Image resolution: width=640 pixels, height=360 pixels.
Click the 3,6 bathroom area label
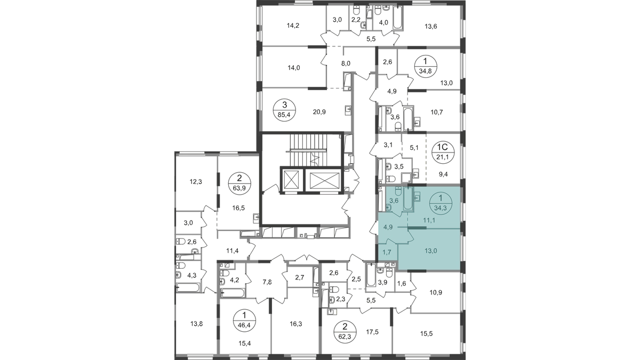395,201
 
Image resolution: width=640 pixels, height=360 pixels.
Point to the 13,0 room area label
426,247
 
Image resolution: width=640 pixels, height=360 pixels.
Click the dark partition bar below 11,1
419,228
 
